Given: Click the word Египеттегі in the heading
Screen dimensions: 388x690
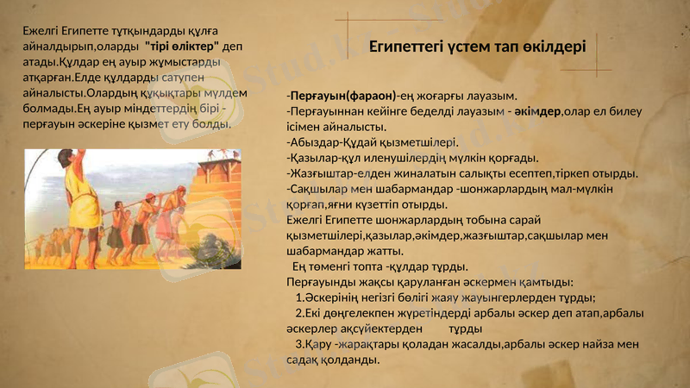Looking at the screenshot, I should (x=405, y=46).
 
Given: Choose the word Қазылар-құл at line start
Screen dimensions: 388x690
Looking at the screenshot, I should (x=323, y=158).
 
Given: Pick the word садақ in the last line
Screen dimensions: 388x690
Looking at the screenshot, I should (x=304, y=360).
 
